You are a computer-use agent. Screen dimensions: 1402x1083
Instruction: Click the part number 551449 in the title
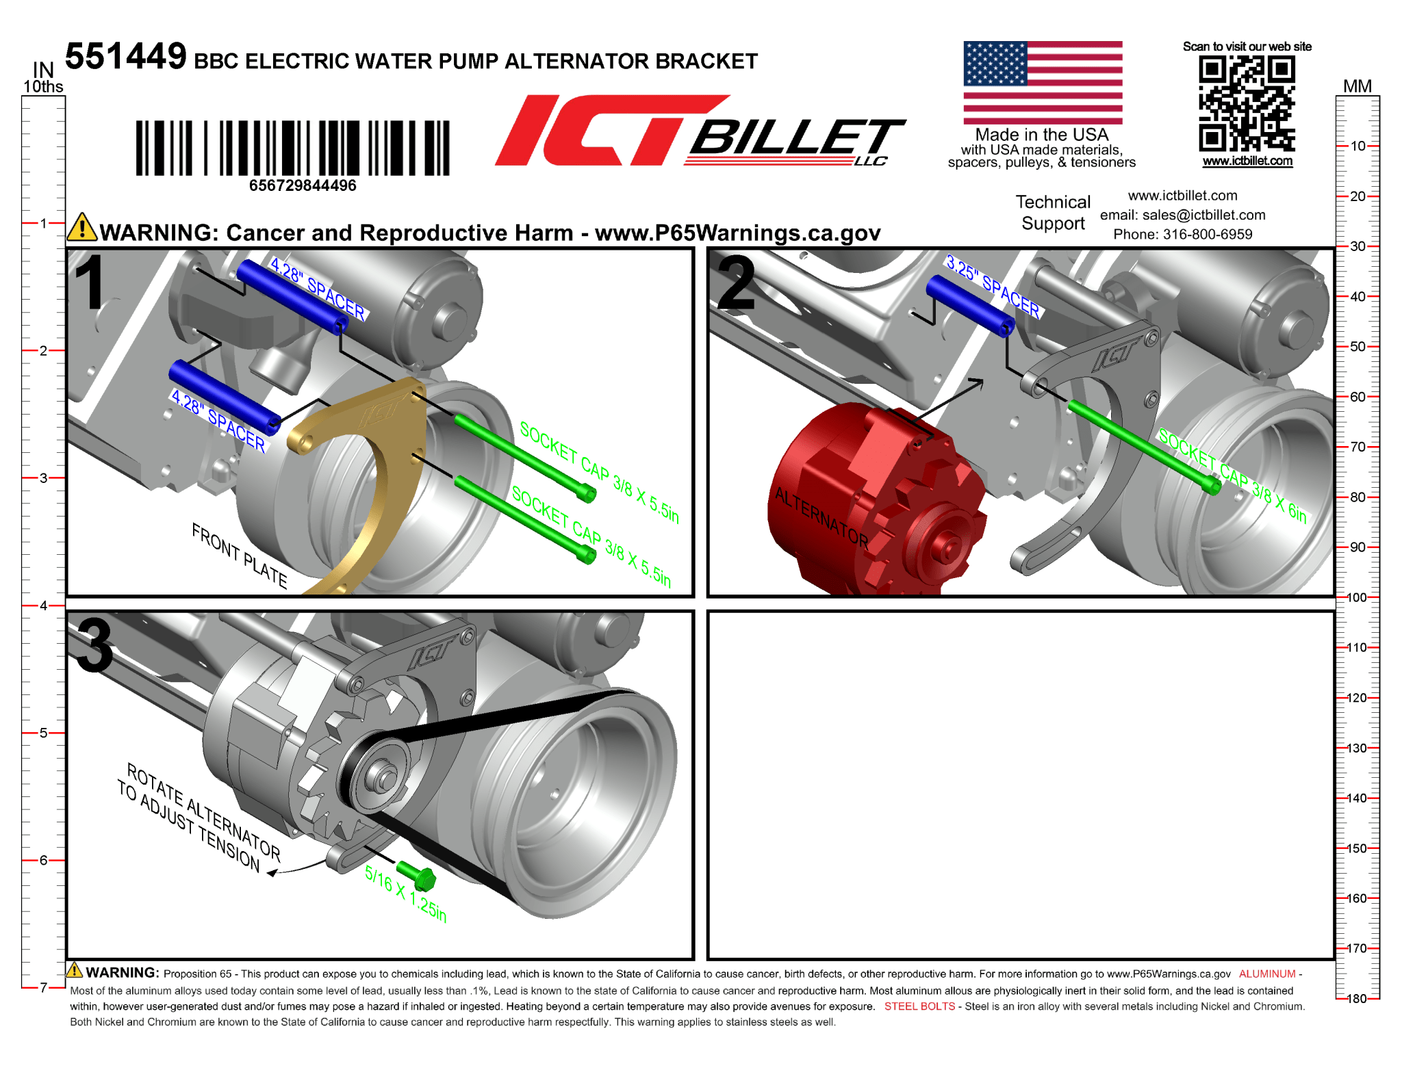pyautogui.click(x=125, y=56)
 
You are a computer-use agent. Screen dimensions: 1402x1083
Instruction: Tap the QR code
pyautogui.click(x=1247, y=103)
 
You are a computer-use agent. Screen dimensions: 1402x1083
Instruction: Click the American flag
pyautogui.click(x=1043, y=82)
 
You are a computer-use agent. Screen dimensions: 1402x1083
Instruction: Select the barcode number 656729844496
pyautogui.click(x=303, y=185)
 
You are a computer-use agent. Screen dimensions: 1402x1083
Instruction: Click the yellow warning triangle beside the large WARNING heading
pyautogui.click(x=82, y=226)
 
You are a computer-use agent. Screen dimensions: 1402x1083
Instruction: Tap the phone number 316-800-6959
pyautogui.click(x=1208, y=234)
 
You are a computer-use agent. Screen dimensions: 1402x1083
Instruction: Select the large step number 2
pyautogui.click(x=737, y=283)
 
